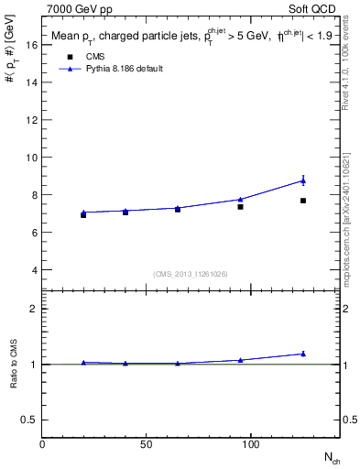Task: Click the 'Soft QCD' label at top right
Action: [x=313, y=7]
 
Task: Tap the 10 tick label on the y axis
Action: [x=31, y=158]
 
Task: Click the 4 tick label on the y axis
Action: [x=33, y=271]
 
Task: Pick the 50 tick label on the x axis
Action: [x=147, y=445]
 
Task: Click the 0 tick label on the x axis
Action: [x=42, y=445]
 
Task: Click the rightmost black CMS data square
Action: [x=303, y=201]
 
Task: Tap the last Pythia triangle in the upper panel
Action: [x=303, y=180]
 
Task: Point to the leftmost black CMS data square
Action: [x=83, y=215]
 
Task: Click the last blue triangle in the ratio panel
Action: [x=303, y=354]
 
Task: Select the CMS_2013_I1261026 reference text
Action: [x=191, y=274]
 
